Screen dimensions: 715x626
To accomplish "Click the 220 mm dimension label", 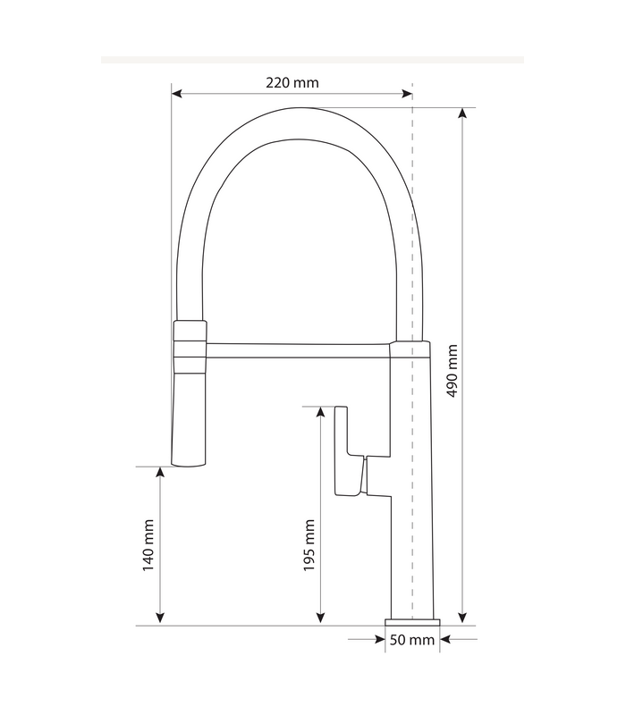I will coord(292,83).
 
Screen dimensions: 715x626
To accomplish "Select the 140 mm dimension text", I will coord(148,544).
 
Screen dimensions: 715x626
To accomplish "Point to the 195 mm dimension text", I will coord(309,544).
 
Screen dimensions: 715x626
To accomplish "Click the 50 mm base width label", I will coord(412,640).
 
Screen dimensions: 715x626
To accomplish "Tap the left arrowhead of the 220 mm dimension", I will coord(177,92).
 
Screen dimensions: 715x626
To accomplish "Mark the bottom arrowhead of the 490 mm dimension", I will coord(462,618).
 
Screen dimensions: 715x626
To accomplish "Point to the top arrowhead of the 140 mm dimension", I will coord(160,473).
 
